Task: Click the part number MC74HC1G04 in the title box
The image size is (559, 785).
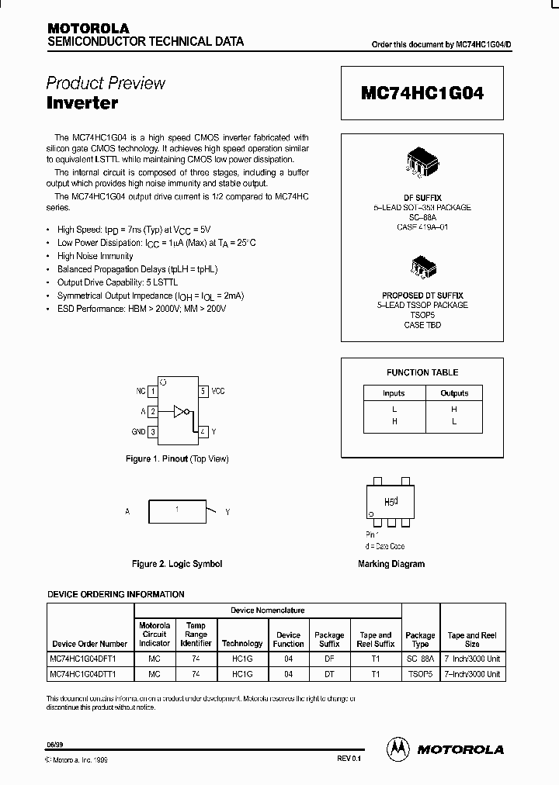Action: pyautogui.click(x=422, y=93)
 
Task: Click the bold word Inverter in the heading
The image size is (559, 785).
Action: pyautogui.click(x=82, y=102)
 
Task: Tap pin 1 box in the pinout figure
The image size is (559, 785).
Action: pyautogui.click(x=153, y=392)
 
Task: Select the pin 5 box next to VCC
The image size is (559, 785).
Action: pyautogui.click(x=203, y=392)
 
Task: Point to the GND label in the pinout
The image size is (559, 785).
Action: pyautogui.click(x=138, y=431)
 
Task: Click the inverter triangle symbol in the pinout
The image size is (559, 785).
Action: pyautogui.click(x=180, y=411)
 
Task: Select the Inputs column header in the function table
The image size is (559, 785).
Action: pyautogui.click(x=394, y=393)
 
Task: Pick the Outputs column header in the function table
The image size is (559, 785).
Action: pyautogui.click(x=454, y=393)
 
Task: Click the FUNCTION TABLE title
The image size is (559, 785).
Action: pyautogui.click(x=422, y=372)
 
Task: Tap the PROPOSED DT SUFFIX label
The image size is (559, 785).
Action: pyautogui.click(x=422, y=296)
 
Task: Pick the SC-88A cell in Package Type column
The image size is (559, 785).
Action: pyautogui.click(x=420, y=659)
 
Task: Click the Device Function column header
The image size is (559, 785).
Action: pyautogui.click(x=288, y=639)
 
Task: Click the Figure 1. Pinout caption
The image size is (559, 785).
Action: pyautogui.click(x=177, y=459)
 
